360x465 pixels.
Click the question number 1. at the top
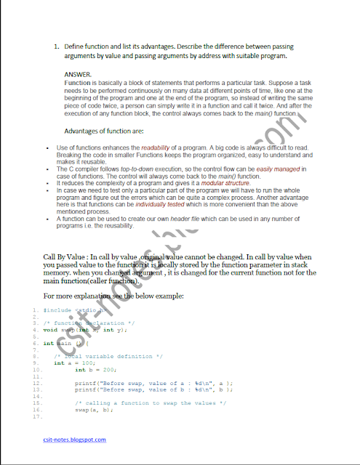pyautogui.click(x=57, y=46)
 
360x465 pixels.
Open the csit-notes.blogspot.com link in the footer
pyautogui.click(x=74, y=439)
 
